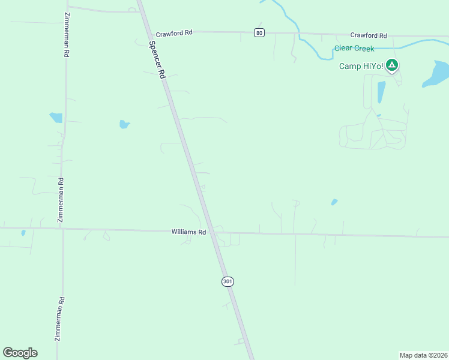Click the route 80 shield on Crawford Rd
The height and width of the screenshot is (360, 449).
(x=259, y=32)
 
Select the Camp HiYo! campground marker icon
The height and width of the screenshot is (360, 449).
(x=391, y=65)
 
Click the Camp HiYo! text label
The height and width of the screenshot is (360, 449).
(x=360, y=66)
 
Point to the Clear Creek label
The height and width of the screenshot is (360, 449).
(x=354, y=49)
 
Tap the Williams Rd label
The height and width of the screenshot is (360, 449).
(x=188, y=231)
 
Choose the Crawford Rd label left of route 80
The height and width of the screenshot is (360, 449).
(x=174, y=34)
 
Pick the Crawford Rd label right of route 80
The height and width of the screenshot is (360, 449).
(x=369, y=36)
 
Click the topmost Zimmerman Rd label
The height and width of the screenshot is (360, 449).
(x=66, y=36)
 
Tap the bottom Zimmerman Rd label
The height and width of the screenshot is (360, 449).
(x=59, y=319)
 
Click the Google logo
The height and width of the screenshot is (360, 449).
(x=20, y=353)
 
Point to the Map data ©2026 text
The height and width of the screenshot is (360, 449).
(x=423, y=355)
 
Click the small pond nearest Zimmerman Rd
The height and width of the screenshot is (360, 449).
(x=56, y=118)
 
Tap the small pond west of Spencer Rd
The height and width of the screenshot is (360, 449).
(x=124, y=125)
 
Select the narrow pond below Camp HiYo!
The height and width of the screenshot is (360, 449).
(x=381, y=92)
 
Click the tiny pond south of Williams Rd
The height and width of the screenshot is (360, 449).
(x=23, y=233)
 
